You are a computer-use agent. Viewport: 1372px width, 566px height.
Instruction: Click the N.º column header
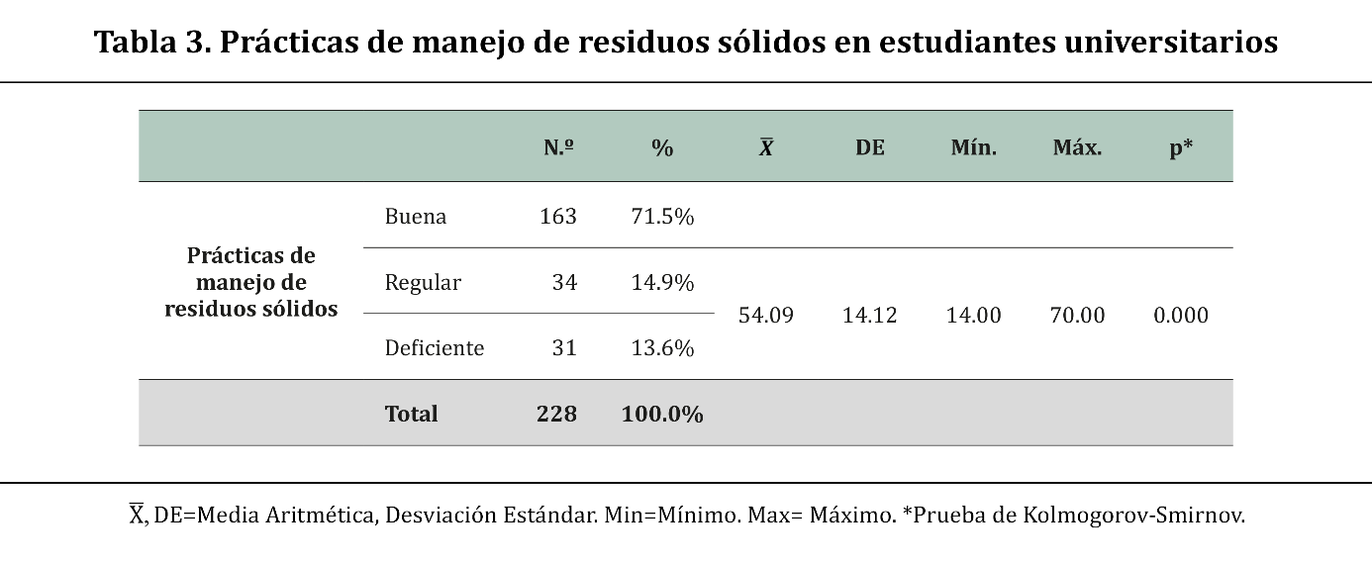coord(559,148)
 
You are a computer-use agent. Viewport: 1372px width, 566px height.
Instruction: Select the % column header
coord(662,148)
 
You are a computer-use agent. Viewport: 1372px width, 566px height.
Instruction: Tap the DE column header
coord(870,148)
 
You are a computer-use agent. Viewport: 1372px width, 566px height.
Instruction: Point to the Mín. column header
coord(973,148)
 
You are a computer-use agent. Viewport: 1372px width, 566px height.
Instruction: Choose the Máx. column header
coord(1077,148)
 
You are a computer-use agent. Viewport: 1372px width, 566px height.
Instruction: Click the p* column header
coord(1181,148)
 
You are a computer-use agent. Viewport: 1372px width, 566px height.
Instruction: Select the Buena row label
coord(416,217)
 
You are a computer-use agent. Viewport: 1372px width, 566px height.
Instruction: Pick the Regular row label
coord(423,283)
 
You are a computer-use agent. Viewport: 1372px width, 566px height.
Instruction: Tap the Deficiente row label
coord(435,348)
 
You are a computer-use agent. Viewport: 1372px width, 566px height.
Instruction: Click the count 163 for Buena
coord(558,217)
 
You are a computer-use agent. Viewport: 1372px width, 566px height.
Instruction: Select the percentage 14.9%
coord(662,283)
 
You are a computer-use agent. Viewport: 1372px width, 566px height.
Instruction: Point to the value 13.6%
coord(662,348)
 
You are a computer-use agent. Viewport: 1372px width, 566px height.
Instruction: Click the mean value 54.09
coord(766,316)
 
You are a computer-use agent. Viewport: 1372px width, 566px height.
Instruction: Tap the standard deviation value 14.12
coord(870,316)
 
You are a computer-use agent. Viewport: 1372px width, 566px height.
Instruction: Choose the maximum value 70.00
coord(1077,316)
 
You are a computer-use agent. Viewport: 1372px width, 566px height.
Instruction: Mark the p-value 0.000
coord(1181,316)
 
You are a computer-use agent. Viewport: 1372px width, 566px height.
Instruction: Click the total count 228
coord(556,414)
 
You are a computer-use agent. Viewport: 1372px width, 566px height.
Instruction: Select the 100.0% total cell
coord(662,414)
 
